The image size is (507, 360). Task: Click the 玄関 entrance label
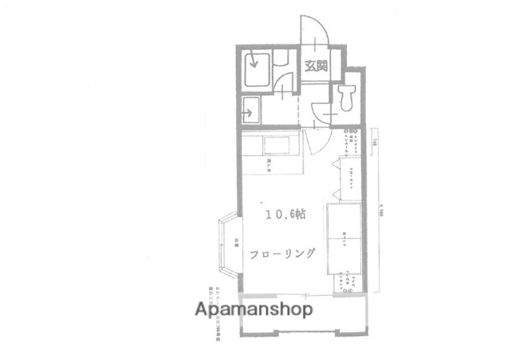[x=315, y=67]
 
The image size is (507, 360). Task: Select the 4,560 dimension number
[x=381, y=210]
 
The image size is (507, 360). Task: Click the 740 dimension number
[x=372, y=144]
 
